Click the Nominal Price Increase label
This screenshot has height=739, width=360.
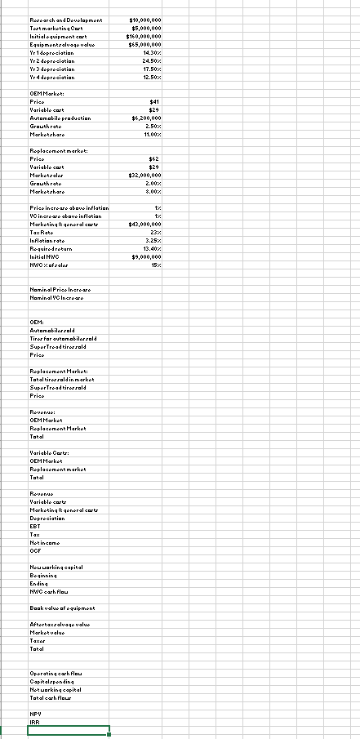tap(60, 292)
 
